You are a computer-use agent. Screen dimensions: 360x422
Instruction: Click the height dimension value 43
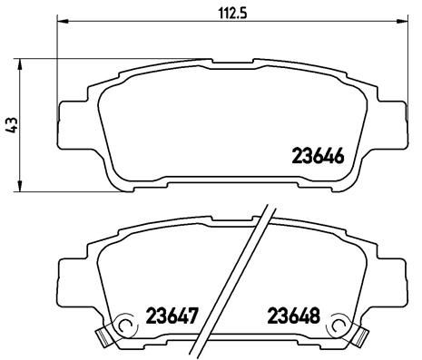click(x=11, y=126)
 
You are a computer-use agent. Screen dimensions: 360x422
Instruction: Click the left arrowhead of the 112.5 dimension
click(x=60, y=22)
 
